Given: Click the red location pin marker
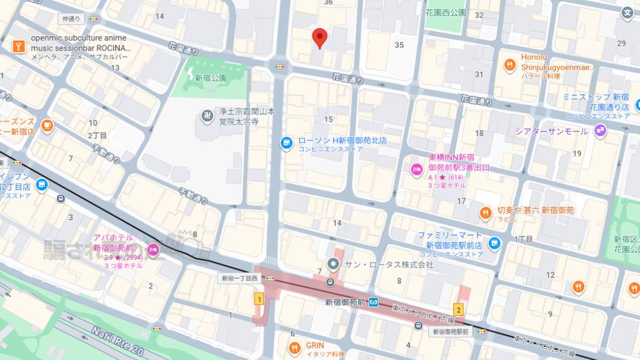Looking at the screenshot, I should pos(319,37).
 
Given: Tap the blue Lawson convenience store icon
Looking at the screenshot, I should pos(286,142).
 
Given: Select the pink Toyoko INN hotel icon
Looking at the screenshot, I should pos(417,169).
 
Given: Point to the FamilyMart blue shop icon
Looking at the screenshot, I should pos(494,243).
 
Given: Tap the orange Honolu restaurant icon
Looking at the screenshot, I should pos(510,66).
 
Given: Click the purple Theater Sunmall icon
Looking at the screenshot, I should pos(601,130).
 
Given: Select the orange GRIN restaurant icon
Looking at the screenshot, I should pos(294,349).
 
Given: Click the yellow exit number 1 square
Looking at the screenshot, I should pos(260,299).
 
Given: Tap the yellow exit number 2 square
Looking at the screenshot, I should pos(458,309).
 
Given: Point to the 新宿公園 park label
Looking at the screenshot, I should pos(211,78).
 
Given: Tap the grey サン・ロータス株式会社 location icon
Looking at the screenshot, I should pos(334,264).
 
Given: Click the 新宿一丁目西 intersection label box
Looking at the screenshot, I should pos(240,278).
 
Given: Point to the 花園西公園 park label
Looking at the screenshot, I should pos(446,12).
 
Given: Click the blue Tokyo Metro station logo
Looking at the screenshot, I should pos(374,302).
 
